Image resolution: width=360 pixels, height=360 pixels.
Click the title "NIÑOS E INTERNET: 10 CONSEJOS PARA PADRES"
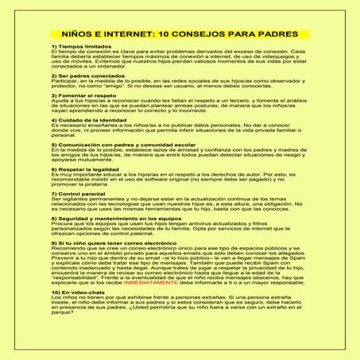[x=180, y=35]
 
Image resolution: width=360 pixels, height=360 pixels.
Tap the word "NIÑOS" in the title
[x=79, y=35]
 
